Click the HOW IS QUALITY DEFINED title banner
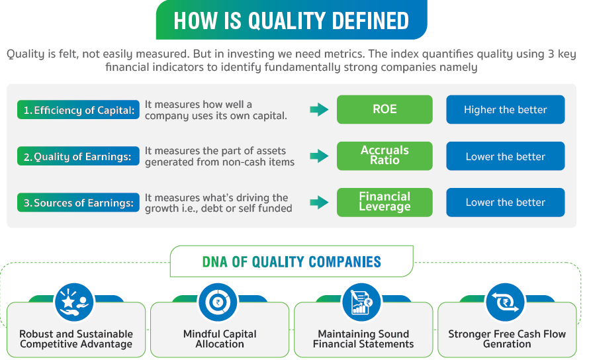pos(291,20)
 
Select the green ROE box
pos(385,109)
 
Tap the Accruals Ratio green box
pos(385,156)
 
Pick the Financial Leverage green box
pos(385,202)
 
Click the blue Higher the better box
pos(506,109)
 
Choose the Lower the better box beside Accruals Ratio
pos(506,156)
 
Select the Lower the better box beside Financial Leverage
pos(506,202)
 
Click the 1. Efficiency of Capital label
pos(79,110)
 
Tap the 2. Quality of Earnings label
pos(79,156)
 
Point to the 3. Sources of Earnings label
pos(79,202)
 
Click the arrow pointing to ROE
pos(319,110)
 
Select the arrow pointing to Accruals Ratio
pos(319,156)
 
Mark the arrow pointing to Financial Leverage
pos(319,202)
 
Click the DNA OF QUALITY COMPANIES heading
pos(291,261)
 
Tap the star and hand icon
pos(74,302)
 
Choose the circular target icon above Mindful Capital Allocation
pos(218,302)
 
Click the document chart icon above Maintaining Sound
pos(361,302)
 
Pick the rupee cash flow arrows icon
pos(505,302)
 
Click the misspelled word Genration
pos(507,344)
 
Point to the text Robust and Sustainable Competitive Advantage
pos(76,339)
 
